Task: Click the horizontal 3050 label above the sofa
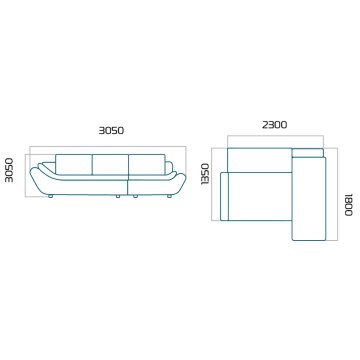point(111,130)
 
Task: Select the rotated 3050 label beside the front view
point(10,170)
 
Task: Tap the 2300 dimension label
point(275,125)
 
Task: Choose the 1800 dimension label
point(348,204)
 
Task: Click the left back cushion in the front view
point(74,164)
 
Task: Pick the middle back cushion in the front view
point(110,164)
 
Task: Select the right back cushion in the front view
point(147,164)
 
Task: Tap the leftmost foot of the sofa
point(50,196)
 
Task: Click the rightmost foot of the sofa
point(169,196)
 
